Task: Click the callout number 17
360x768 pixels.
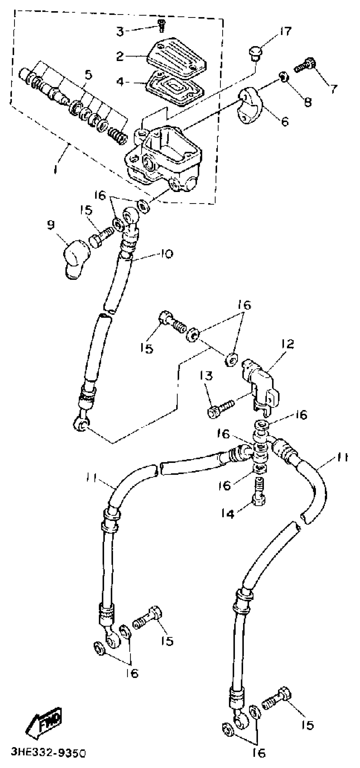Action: (x=285, y=31)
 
